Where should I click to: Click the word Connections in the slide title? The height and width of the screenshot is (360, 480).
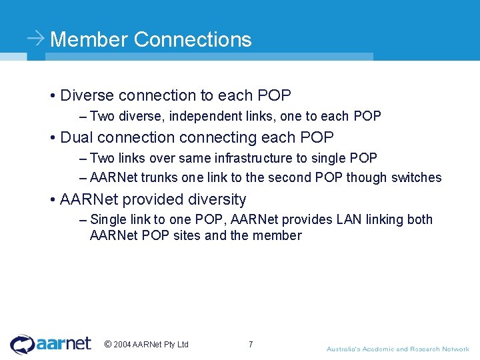pyautogui.click(x=193, y=39)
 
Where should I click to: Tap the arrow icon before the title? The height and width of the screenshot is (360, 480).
pyautogui.click(x=36, y=39)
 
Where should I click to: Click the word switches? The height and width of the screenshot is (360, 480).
pyautogui.click(x=416, y=177)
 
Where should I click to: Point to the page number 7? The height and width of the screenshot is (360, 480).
pyautogui.click(x=251, y=345)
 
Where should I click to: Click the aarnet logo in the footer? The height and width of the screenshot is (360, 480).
pyautogui.click(x=51, y=344)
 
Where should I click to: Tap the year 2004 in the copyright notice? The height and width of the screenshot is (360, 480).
pyautogui.click(x=122, y=345)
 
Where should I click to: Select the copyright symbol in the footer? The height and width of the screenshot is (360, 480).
pyautogui.click(x=108, y=345)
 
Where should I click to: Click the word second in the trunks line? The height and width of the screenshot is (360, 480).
pyautogui.click(x=297, y=177)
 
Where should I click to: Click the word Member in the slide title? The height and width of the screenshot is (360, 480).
pyautogui.click(x=89, y=39)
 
